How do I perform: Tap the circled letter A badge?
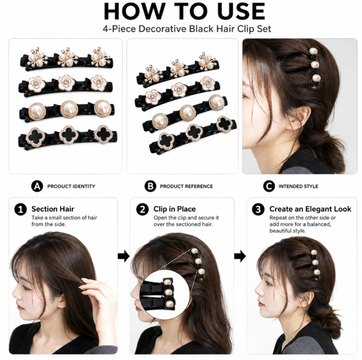[x=37, y=186]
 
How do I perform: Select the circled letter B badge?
[x=150, y=186]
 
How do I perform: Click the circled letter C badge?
[x=269, y=186]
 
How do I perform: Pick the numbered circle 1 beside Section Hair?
[x=21, y=210]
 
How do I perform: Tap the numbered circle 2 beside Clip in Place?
[x=142, y=210]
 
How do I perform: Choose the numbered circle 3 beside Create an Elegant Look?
[x=258, y=210]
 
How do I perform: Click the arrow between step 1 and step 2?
[x=123, y=256]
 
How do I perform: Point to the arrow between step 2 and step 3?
[x=240, y=256]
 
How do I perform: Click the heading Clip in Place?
[x=174, y=209]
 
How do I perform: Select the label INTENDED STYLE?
[x=298, y=187]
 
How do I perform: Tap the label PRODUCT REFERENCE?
[x=186, y=187]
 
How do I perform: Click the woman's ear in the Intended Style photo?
[x=300, y=118]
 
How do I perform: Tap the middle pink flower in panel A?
[x=67, y=83]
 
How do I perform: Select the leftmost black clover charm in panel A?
[x=35, y=137]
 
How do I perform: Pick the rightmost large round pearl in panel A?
[x=103, y=108]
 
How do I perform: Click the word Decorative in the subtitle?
[x=163, y=29]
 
